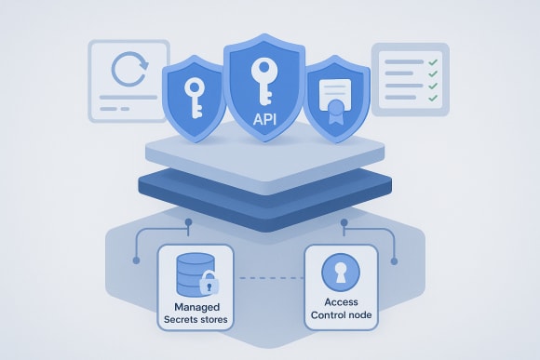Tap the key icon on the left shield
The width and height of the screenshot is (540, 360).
coord(195,97)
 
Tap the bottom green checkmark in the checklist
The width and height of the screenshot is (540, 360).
coord(432,97)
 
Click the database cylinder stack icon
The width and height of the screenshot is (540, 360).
coord(192,270)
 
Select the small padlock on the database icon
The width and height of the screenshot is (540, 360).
coord(210,284)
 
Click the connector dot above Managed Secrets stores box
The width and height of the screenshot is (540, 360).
coord(189,223)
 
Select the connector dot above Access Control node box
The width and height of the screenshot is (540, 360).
coord(344,223)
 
